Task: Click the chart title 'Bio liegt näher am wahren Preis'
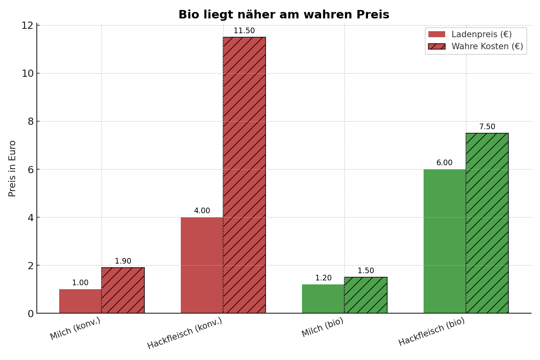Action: pos(284,15)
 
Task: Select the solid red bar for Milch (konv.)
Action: pos(80,301)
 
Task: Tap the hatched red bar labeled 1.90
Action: pos(123,290)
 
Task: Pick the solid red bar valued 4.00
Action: pos(202,265)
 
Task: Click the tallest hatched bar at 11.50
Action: pos(244,175)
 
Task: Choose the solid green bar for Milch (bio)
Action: pos(323,299)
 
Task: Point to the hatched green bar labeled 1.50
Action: pos(366,295)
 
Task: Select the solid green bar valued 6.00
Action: pos(444,241)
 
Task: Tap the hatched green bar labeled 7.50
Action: pos(487,223)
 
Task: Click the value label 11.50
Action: pos(244,31)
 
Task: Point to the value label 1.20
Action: pos(323,278)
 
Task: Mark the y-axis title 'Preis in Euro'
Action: pos(12,168)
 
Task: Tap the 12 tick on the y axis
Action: pos(27,25)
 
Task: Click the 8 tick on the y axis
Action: pos(30,121)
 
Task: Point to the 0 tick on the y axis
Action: pos(30,314)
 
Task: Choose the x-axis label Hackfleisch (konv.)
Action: pos(185,333)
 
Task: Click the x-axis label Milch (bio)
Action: pos(322,327)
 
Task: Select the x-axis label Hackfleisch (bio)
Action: pos(432,332)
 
